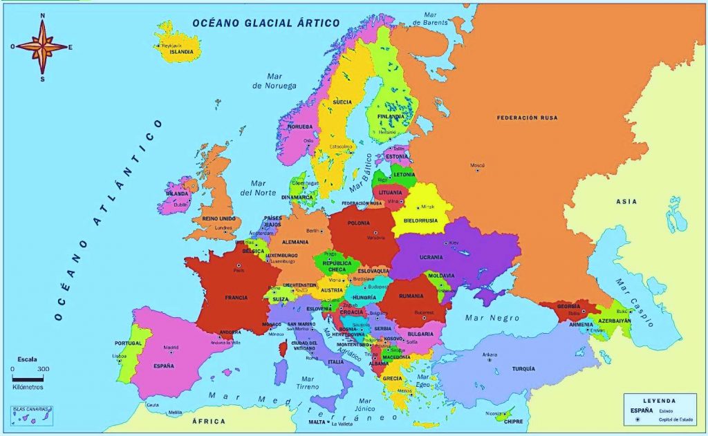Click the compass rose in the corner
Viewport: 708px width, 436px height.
coord(43,47)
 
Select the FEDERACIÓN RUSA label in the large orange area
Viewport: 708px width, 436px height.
coord(527,118)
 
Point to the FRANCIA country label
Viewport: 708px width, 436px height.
coord(236,298)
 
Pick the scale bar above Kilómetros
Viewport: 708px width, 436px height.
coord(28,378)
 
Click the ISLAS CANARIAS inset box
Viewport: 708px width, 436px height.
coord(32,415)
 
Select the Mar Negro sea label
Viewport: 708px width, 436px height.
coord(482,318)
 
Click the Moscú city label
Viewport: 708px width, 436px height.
coord(477,166)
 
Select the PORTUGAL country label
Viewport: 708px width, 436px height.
coord(129,343)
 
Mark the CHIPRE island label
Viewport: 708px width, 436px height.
coord(512,420)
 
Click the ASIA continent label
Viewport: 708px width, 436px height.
coord(627,202)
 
